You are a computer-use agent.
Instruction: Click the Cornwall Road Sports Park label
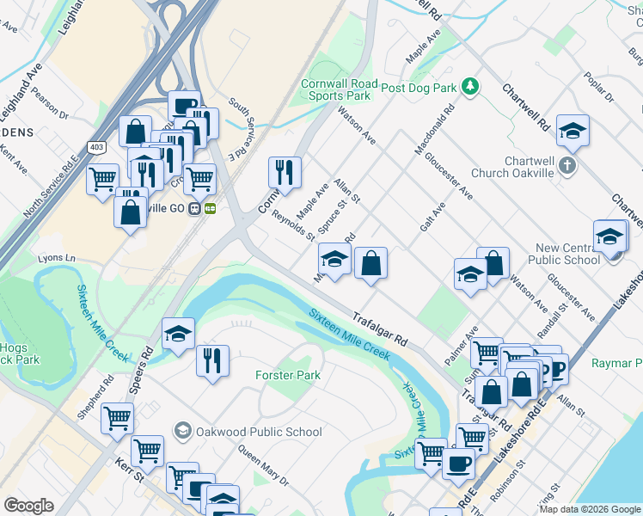(335, 90)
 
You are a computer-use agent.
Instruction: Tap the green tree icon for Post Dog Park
(469, 86)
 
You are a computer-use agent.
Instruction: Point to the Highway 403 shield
(96, 147)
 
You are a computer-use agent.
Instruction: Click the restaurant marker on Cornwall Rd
(285, 173)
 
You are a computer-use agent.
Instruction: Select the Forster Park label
(288, 375)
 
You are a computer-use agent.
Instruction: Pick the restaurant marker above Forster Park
(212, 359)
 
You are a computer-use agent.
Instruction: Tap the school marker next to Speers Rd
(178, 335)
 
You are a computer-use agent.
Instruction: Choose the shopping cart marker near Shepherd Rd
(117, 419)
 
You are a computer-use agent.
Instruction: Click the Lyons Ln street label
(57, 258)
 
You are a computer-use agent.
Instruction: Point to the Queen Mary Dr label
(262, 464)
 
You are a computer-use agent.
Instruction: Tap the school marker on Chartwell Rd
(573, 131)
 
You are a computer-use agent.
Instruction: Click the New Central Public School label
(568, 254)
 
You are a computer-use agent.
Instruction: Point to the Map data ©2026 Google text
(589, 509)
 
